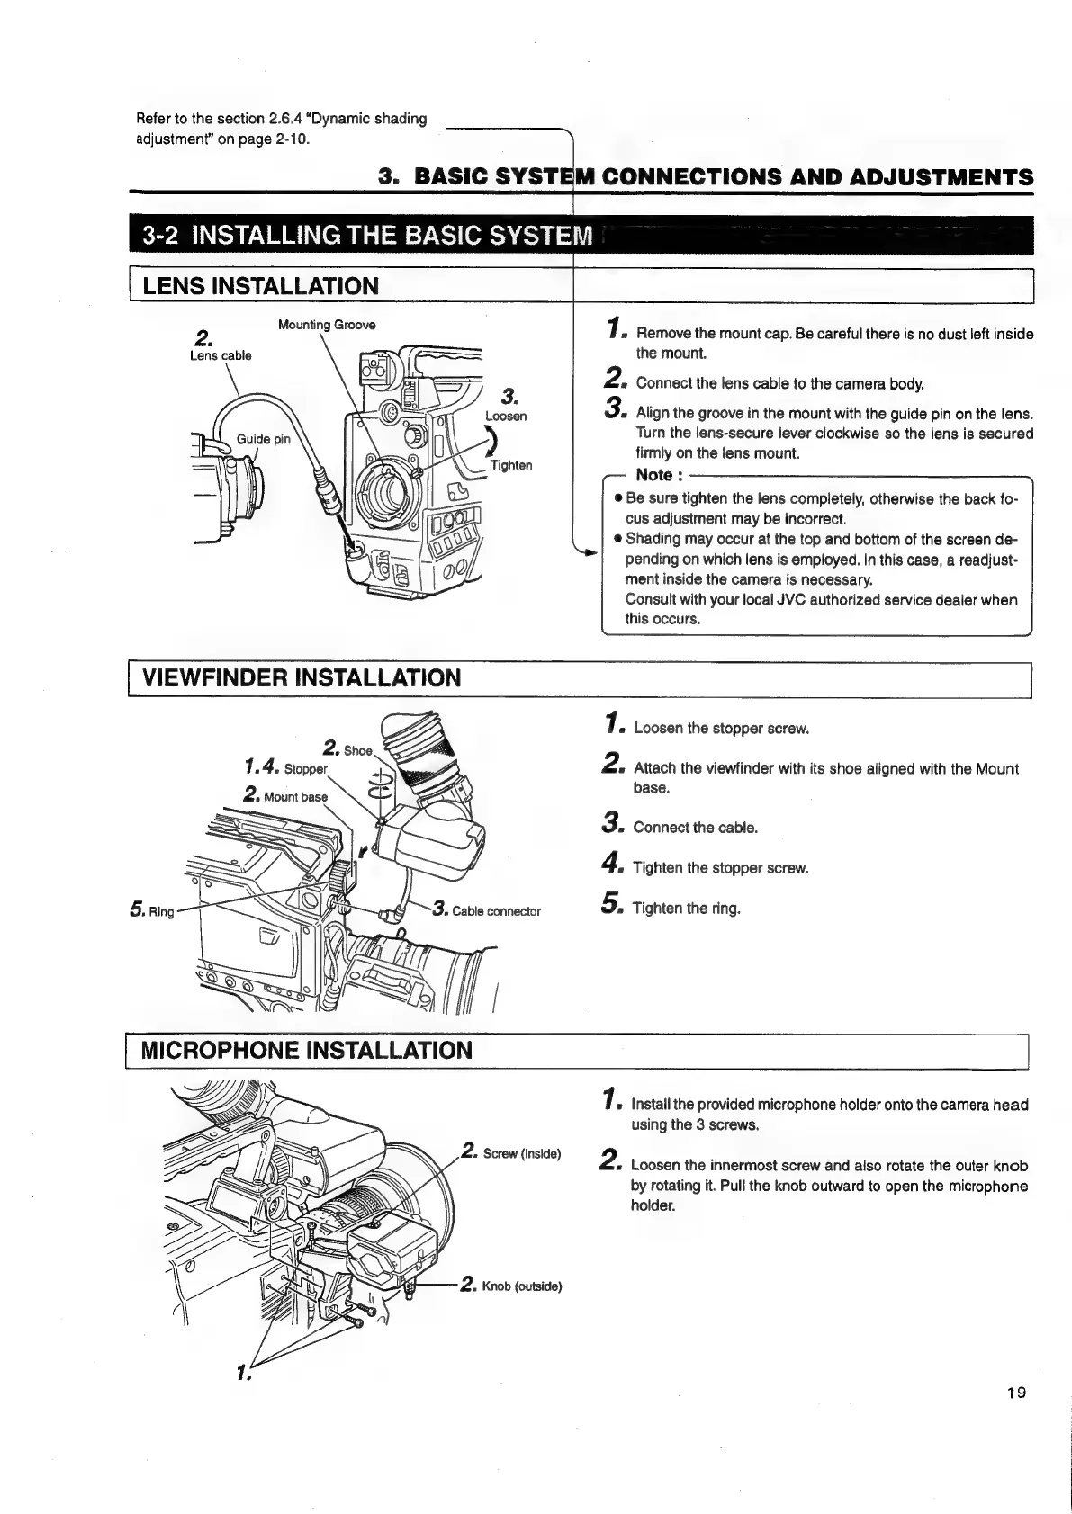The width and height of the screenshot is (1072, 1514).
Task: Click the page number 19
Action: [1016, 1419]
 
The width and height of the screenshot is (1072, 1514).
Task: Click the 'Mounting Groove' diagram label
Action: [327, 325]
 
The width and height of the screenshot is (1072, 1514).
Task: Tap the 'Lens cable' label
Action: [221, 355]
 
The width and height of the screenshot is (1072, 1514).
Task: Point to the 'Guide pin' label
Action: [263, 439]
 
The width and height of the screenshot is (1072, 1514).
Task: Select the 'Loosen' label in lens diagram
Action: [506, 416]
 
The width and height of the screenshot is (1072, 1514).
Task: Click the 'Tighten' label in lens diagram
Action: [510, 465]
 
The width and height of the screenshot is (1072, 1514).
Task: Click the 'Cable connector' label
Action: [496, 911]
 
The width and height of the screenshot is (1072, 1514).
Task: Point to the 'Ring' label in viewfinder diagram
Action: [159, 911]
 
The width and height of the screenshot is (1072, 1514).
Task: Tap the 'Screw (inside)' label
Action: [521, 1154]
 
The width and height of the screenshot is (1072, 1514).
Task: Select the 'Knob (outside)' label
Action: [521, 1286]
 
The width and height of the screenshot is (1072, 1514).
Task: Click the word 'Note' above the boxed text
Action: [654, 475]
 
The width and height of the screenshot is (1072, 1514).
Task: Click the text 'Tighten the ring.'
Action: [687, 909]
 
